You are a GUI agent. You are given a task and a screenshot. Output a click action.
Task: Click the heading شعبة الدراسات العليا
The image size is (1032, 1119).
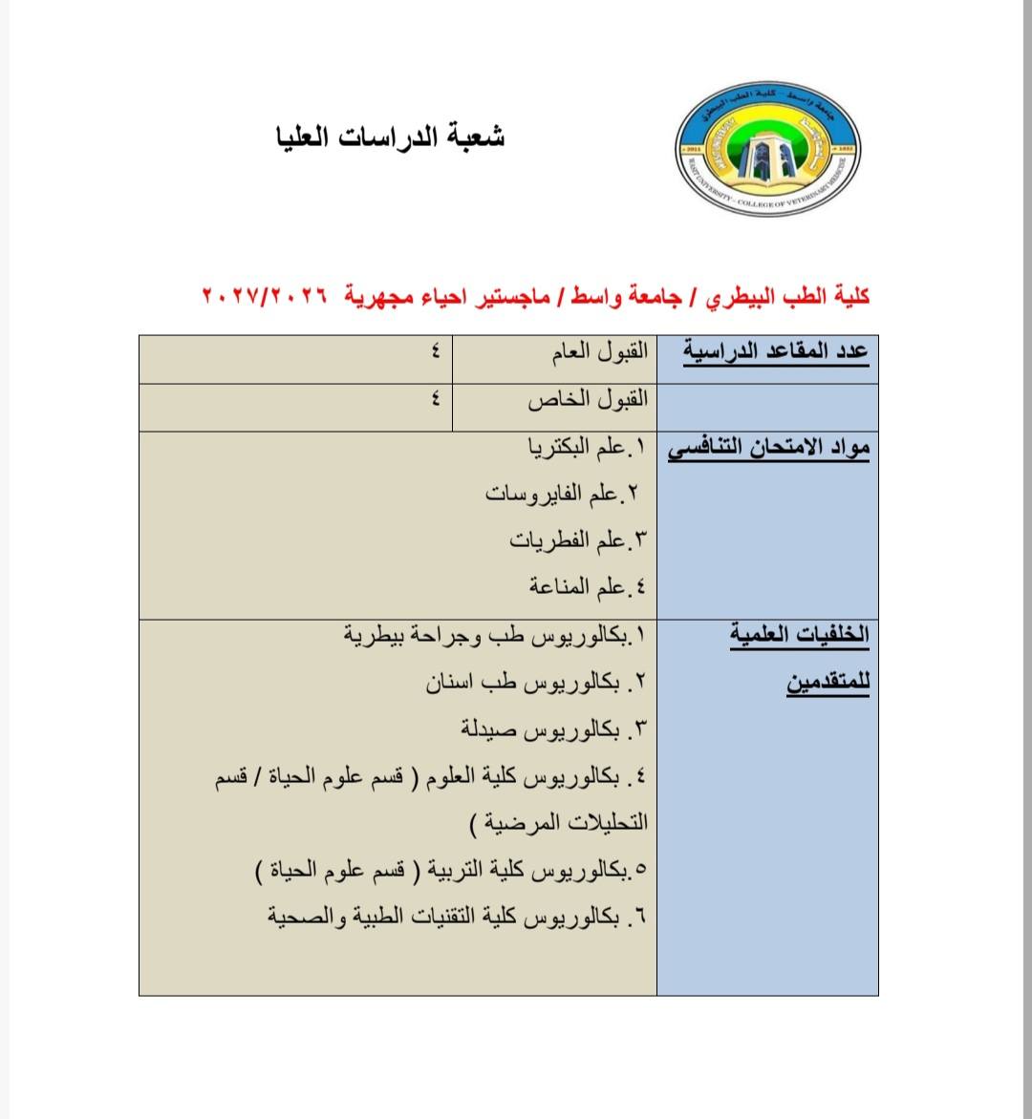390,137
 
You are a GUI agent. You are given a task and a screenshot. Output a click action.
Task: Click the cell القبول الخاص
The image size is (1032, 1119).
588,399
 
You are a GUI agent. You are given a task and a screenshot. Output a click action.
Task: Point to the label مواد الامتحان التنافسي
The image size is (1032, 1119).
768,449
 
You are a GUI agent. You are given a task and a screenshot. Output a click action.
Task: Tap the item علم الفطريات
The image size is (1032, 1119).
577,540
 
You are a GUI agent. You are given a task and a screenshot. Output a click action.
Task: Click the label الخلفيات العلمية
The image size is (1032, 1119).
799,634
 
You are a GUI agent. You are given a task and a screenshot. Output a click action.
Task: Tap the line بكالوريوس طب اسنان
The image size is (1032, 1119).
535,682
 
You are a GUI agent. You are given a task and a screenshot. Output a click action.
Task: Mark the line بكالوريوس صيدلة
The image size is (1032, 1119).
552,729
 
